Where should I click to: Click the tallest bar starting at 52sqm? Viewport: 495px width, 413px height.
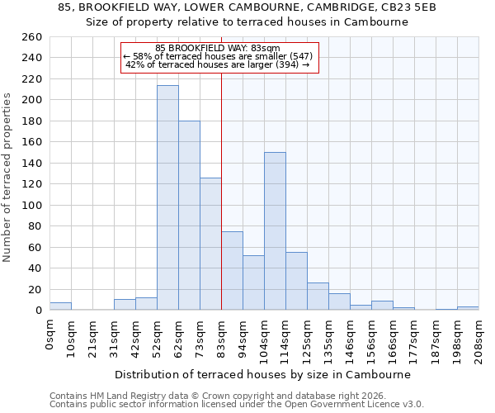pos(167,198)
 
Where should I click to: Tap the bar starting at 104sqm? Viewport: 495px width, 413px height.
pos(275,231)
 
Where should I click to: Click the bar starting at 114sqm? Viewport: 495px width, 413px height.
pos(296,281)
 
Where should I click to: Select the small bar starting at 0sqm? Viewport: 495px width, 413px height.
pos(60,306)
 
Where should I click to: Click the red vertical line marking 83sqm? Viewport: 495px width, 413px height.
pos(221,165)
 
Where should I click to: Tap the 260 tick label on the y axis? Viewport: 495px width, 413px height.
pos(33,37)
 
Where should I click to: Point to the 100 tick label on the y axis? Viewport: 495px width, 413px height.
pos(33,205)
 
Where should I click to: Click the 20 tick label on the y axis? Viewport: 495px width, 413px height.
pos(36,289)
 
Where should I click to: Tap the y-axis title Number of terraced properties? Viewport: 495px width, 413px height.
pos(8,178)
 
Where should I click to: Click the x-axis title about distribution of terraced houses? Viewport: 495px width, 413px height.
pos(262,374)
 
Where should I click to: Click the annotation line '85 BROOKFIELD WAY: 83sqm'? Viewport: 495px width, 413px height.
pos(219,48)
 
